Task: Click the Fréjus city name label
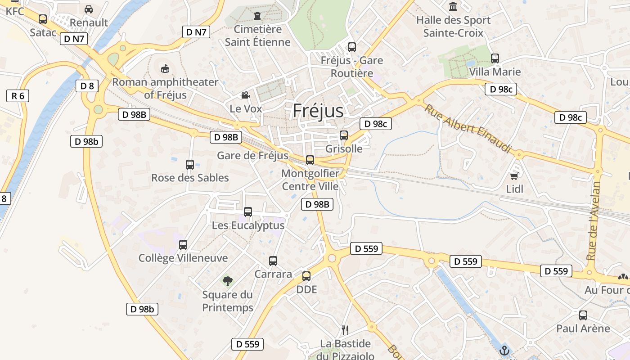tap(318, 111)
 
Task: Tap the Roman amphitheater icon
tap(165, 68)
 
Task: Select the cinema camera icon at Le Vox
tap(245, 95)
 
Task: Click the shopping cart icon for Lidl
tap(514, 175)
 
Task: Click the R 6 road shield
tap(18, 95)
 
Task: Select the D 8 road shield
tap(87, 86)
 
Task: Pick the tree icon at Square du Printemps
tap(228, 281)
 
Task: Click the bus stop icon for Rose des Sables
tap(190, 164)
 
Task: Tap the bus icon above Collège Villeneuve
tap(183, 245)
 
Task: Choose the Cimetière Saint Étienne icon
tap(257, 16)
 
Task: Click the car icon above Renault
tap(89, 9)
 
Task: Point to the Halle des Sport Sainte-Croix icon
tap(453, 7)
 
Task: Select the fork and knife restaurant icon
tap(345, 330)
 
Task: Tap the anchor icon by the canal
tap(504, 350)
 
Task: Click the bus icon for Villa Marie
tap(495, 58)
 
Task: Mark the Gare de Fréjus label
tap(252, 156)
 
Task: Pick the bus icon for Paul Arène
tap(583, 315)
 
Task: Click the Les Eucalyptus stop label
tap(248, 225)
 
